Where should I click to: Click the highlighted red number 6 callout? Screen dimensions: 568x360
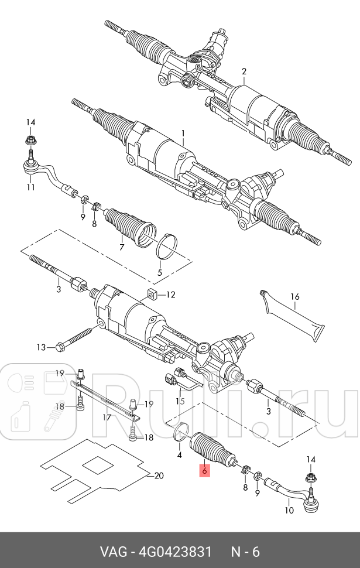(x=204, y=470)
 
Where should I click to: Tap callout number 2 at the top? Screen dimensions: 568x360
(x=244, y=71)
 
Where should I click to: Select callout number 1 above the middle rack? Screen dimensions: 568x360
(x=183, y=133)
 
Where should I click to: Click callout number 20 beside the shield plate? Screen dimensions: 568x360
(x=158, y=475)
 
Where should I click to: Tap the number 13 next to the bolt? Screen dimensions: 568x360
(x=41, y=347)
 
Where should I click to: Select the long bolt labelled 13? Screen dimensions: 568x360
(x=76, y=340)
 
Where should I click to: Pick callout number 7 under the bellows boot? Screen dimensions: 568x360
(x=121, y=247)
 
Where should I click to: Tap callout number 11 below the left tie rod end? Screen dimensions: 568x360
(x=30, y=187)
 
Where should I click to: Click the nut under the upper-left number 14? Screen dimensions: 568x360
(x=30, y=141)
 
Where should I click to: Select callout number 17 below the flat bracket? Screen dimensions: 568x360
(x=107, y=418)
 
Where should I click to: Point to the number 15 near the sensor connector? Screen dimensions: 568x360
(x=180, y=401)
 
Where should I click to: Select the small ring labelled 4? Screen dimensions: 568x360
(x=181, y=433)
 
